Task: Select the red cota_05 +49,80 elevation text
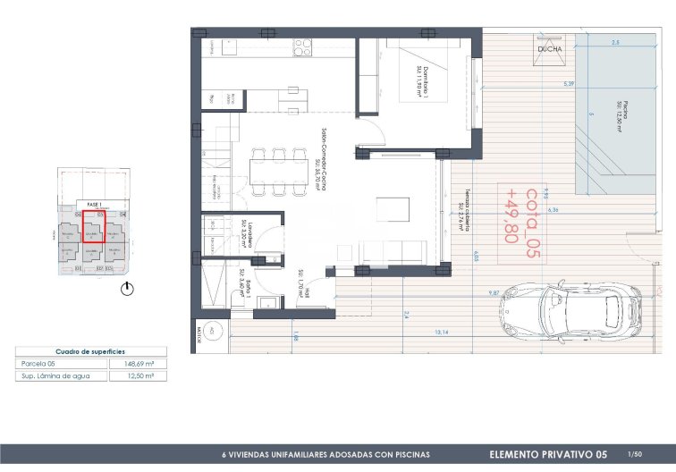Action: coord(533,215)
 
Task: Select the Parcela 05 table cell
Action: coord(39,364)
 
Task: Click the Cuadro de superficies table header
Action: coord(89,352)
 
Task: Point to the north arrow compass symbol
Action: coord(128,289)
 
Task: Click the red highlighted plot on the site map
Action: coord(92,227)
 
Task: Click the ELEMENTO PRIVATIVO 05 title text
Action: coord(547,454)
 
